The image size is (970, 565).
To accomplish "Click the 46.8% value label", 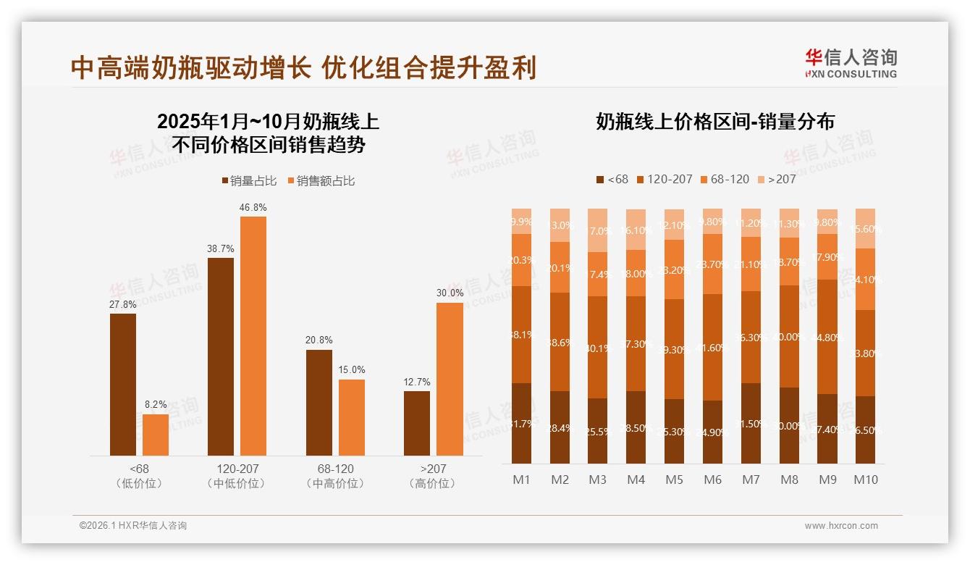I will (x=253, y=207).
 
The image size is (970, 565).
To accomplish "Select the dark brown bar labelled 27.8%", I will (x=123, y=384).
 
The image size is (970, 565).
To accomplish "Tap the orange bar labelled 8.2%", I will (x=156, y=435).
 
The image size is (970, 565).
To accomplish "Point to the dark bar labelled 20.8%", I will (x=319, y=402).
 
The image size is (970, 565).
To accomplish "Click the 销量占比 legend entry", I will (x=249, y=181).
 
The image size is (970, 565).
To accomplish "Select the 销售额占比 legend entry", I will (x=321, y=181).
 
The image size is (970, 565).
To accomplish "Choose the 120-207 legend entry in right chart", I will (x=663, y=179).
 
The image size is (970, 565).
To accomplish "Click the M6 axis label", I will (x=713, y=480).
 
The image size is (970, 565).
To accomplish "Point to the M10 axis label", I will (x=865, y=480).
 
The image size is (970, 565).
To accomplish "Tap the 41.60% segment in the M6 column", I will (x=713, y=347).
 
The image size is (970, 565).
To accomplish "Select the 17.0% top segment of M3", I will (x=598, y=230).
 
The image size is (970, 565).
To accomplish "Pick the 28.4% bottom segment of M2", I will (x=560, y=427).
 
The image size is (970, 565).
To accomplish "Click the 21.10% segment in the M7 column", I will (x=751, y=264).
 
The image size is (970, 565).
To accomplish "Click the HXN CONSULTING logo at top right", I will (x=851, y=64).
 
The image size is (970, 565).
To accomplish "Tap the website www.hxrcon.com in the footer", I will (x=841, y=526).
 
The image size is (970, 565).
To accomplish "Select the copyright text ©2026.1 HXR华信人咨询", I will (x=133, y=526).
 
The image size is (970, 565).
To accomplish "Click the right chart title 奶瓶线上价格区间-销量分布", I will (x=714, y=122).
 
